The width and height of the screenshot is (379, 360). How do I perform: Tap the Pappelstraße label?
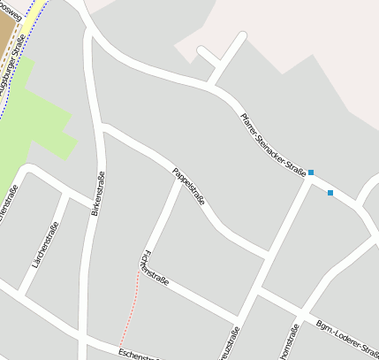(188, 186)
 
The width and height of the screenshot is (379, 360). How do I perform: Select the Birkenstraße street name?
(97, 195)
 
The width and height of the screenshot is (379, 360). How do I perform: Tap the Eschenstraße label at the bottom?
(137, 354)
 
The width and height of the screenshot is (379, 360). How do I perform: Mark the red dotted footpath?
(129, 310)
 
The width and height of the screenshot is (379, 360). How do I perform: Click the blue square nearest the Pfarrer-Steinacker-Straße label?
(311, 172)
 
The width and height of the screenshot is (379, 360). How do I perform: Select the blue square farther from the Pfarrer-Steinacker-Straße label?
(330, 193)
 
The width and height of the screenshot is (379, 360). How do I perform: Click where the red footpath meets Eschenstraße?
(121, 345)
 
